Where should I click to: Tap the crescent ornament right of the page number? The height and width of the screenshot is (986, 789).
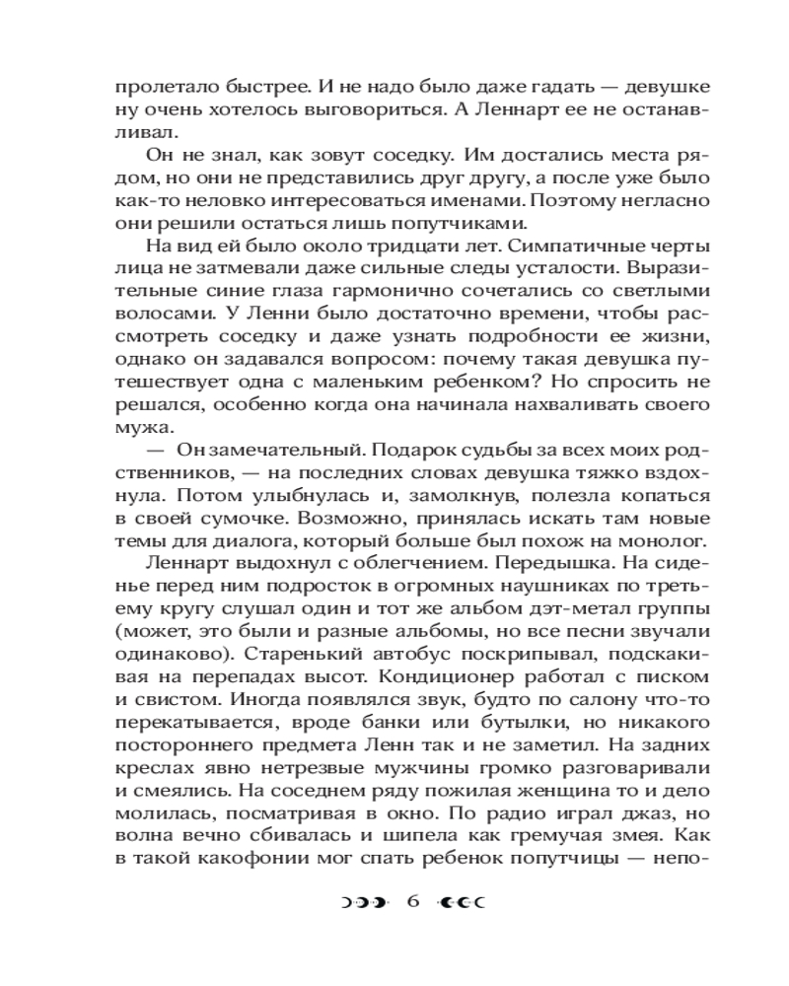(x=465, y=903)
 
